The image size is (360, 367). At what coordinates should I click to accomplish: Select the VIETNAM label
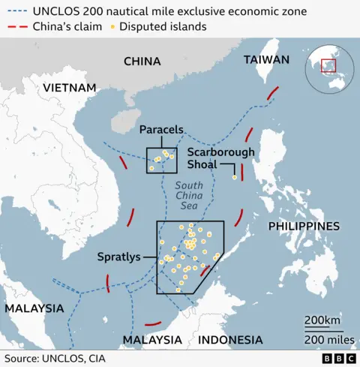pyautogui.click(x=70, y=89)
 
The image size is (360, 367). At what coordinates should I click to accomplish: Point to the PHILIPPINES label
pyautogui.click(x=304, y=226)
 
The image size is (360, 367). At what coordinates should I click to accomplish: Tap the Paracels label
pyautogui.click(x=162, y=130)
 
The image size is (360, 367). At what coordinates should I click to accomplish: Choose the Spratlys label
pyautogui.click(x=118, y=257)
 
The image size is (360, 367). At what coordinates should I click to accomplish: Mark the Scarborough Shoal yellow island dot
pyautogui.click(x=235, y=178)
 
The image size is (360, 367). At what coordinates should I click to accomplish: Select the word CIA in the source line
pyautogui.click(x=95, y=359)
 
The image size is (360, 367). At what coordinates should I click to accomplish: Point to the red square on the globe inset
pyautogui.click(x=328, y=66)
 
